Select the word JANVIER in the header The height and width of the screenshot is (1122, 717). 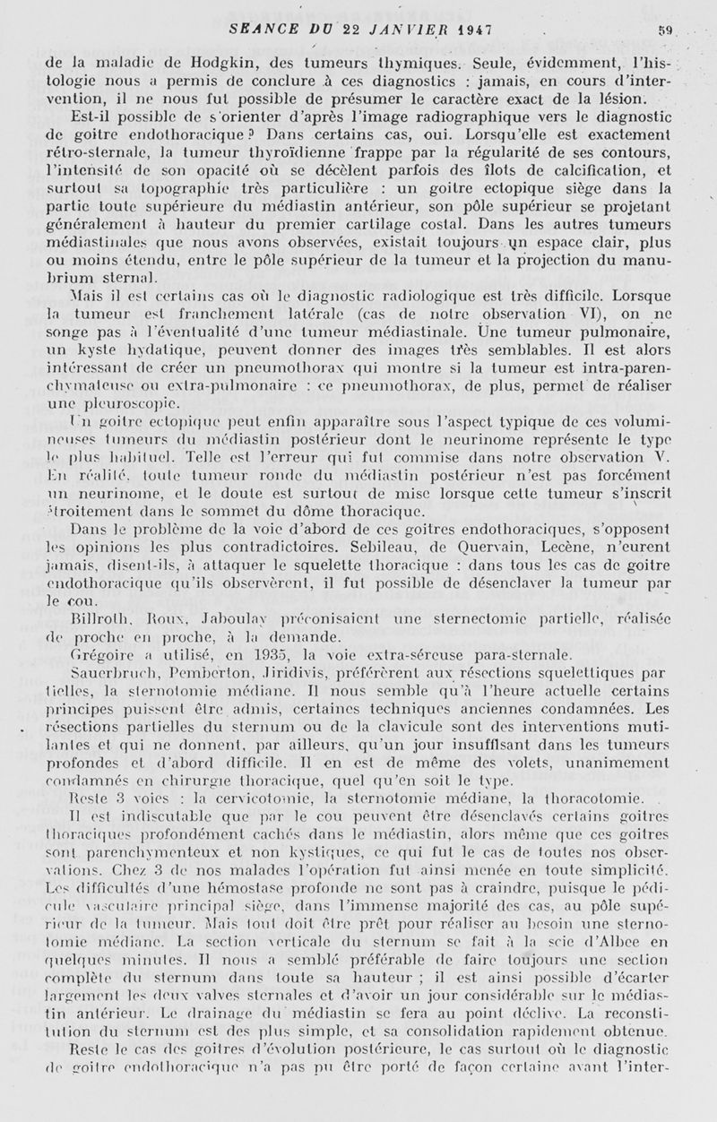[424, 28]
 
